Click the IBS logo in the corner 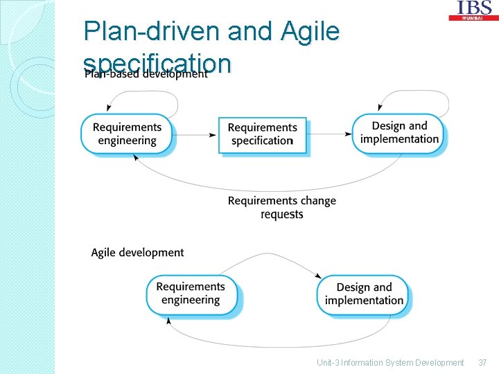pyautogui.click(x=474, y=10)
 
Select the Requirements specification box pyautogui.click(x=262, y=134)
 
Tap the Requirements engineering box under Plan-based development pyautogui.click(x=127, y=134)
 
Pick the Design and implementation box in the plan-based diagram pyautogui.click(x=399, y=133)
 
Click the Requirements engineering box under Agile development pyautogui.click(x=191, y=294)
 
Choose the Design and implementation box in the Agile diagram pyautogui.click(x=364, y=294)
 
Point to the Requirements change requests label pyautogui.click(x=281, y=208)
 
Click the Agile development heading pyautogui.click(x=137, y=253)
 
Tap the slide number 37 pyautogui.click(x=482, y=362)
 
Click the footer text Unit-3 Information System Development pyautogui.click(x=390, y=362)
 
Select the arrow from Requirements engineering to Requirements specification pyautogui.click(x=195, y=135)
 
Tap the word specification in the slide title pyautogui.click(x=157, y=63)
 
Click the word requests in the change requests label pyautogui.click(x=281, y=215)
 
